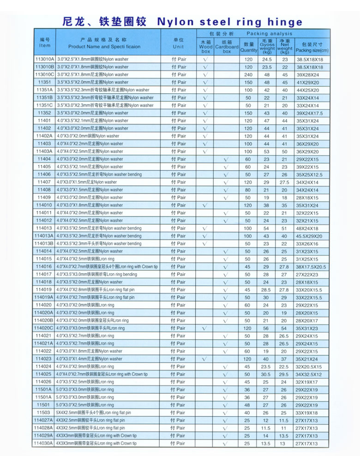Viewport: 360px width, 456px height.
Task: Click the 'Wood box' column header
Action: pyautogui.click(x=206, y=47)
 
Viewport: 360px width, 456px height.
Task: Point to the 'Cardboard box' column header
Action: pyautogui.click(x=227, y=47)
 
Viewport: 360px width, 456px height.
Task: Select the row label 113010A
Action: pyautogui.click(x=45, y=60)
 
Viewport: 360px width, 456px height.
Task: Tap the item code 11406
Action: pyautogui.click(x=45, y=174)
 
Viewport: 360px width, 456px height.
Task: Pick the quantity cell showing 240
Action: pyautogui.click(x=248, y=75)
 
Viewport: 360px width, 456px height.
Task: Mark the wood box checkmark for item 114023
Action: pyautogui.click(x=206, y=359)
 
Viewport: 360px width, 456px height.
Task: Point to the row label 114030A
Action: pyautogui.click(x=44, y=443)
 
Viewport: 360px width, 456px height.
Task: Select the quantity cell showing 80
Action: pyautogui.click(x=248, y=190)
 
